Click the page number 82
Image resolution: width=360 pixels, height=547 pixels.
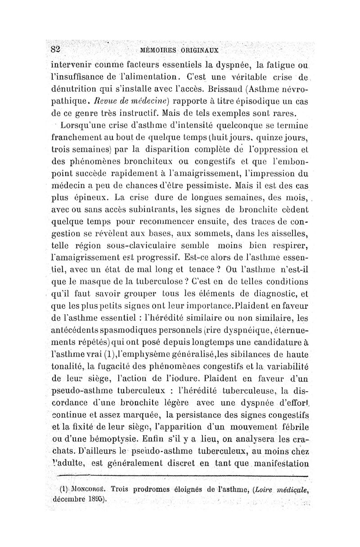tap(55, 49)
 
